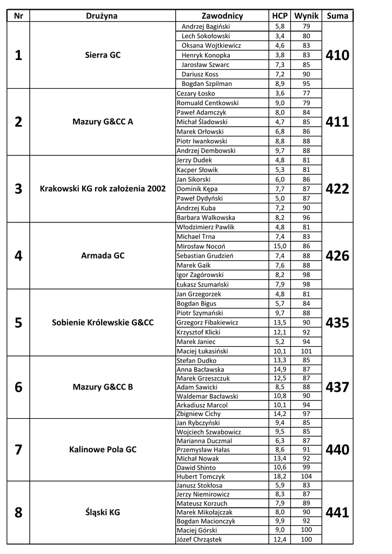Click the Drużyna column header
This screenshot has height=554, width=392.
[102, 16]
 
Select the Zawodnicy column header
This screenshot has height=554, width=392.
[222, 16]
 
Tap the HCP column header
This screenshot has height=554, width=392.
[280, 16]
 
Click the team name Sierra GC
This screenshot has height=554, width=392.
[103, 55]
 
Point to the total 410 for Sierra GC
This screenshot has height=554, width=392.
[338, 55]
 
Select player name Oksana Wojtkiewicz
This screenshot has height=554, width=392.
[211, 45]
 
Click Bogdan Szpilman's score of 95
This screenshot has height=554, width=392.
[307, 84]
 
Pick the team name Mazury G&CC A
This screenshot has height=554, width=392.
[103, 122]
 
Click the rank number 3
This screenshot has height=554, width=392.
[18, 189]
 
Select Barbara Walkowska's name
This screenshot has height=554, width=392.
[202, 217]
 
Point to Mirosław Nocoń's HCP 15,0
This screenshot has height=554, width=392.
[280, 246]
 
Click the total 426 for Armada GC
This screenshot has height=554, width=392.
[338, 256]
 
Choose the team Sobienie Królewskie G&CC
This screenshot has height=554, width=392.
[103, 322]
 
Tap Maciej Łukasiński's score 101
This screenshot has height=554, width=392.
[307, 351]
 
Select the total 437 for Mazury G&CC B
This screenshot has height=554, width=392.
[338, 387]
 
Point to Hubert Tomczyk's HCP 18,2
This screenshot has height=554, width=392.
[280, 477]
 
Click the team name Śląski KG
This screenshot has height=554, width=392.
[103, 512]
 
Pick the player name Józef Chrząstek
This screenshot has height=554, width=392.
[199, 539]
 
